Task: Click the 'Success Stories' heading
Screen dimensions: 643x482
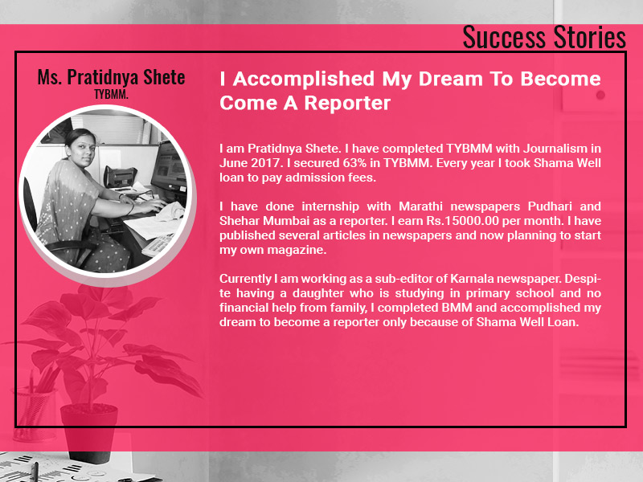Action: [544, 37]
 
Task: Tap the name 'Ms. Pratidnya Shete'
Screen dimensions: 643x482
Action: [111, 77]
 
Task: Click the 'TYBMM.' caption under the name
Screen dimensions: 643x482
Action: [111, 94]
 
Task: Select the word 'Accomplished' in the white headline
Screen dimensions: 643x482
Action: [304, 79]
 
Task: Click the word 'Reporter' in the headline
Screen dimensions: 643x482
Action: [347, 103]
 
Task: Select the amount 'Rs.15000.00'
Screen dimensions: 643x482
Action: [463, 221]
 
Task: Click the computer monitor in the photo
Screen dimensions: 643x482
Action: [170, 169]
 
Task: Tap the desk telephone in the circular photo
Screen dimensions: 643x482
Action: [119, 177]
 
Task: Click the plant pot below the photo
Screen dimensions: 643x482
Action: [89, 432]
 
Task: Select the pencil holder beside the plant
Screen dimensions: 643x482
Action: [34, 414]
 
